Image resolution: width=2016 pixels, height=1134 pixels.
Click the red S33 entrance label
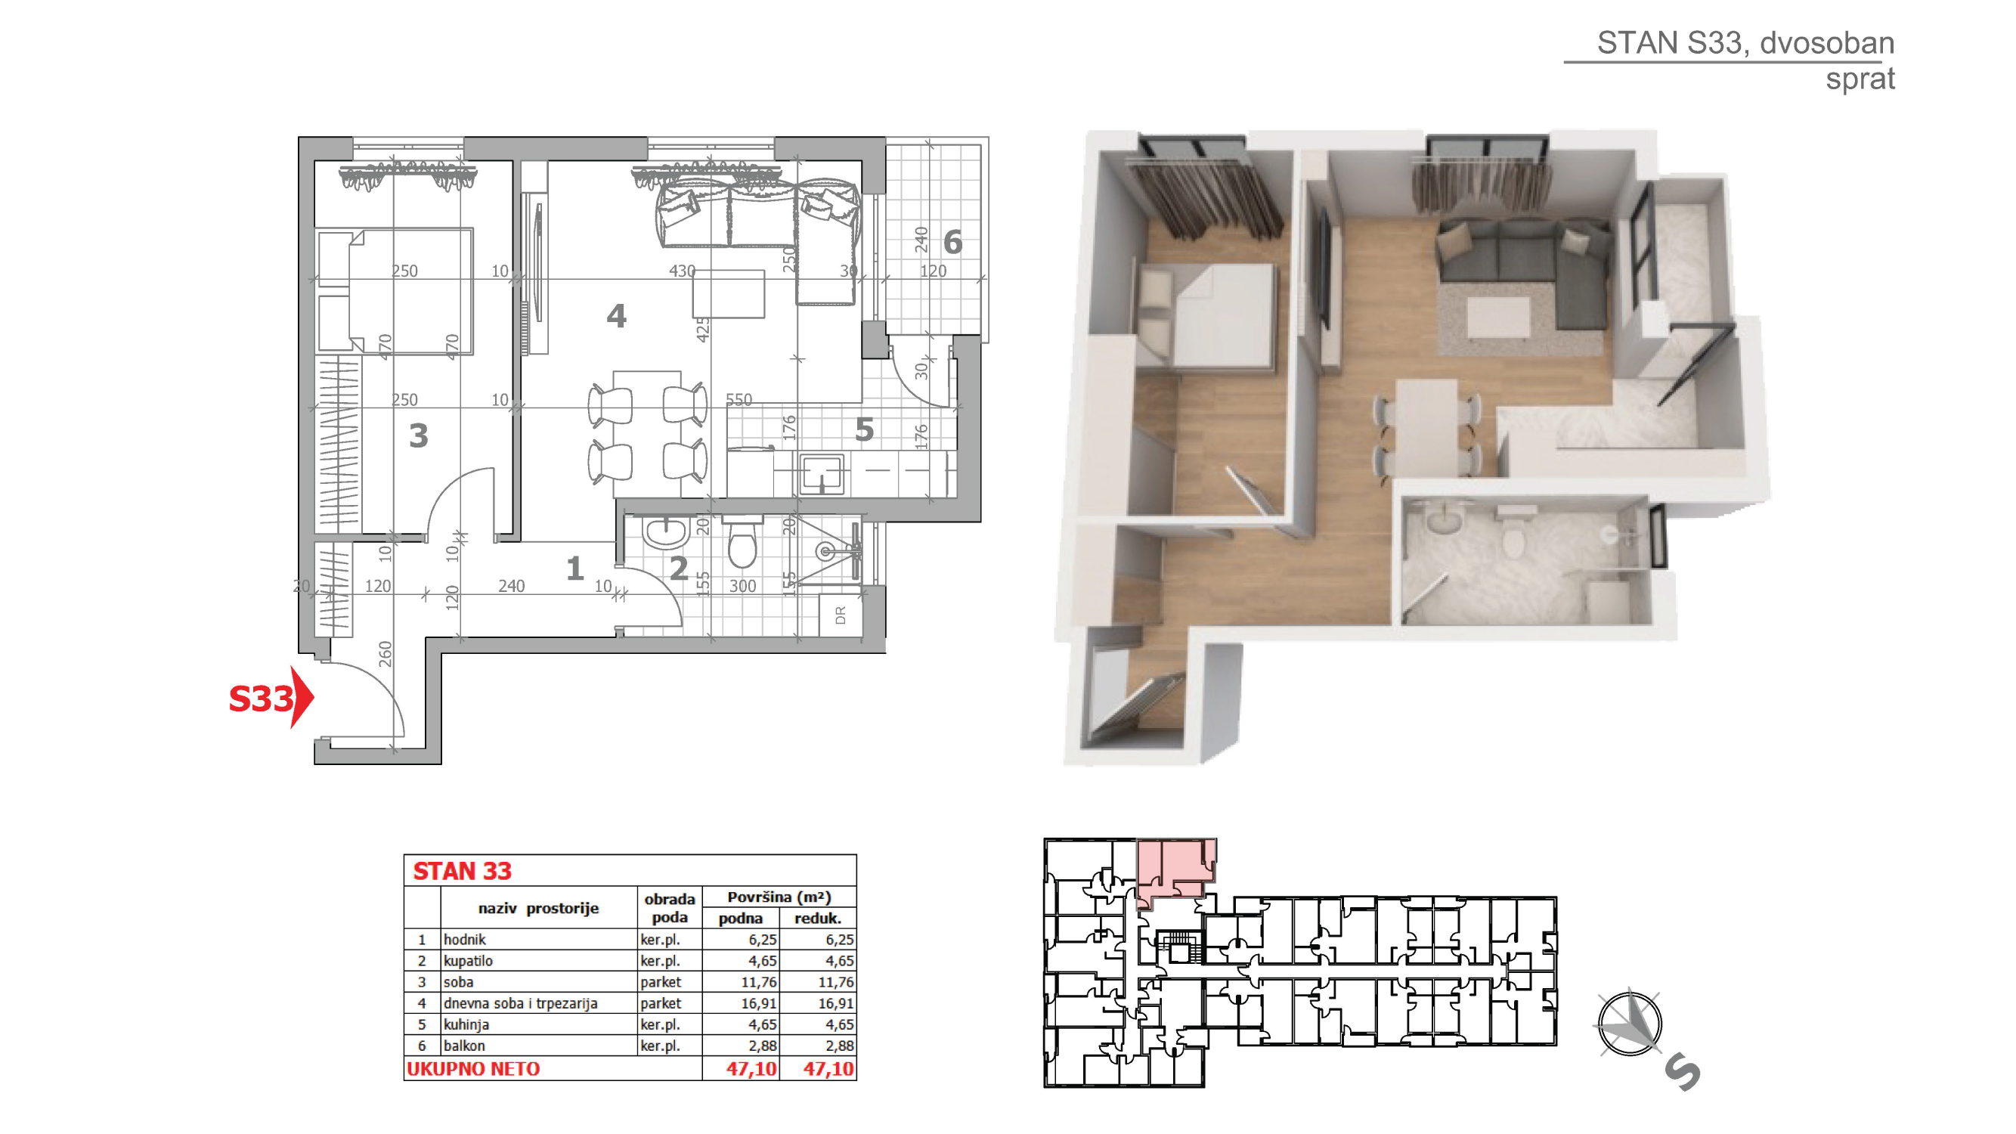(x=262, y=699)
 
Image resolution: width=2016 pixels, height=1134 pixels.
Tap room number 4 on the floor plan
(x=617, y=316)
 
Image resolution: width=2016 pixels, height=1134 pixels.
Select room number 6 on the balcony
(x=952, y=243)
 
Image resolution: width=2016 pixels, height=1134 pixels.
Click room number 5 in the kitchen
(x=864, y=429)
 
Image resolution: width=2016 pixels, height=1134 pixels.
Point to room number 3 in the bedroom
(x=419, y=436)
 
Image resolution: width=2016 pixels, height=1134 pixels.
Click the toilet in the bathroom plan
(x=741, y=541)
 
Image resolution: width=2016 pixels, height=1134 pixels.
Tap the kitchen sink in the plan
(x=822, y=473)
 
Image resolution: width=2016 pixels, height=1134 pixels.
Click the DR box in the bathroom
(x=841, y=615)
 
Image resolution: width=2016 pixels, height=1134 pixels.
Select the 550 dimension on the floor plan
(x=739, y=400)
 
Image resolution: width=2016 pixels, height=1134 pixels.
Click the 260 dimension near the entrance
(x=385, y=653)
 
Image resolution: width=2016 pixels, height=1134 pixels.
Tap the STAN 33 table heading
(x=463, y=871)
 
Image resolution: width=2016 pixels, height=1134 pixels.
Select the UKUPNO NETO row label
(x=473, y=1069)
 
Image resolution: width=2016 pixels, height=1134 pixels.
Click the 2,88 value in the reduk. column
(x=839, y=1046)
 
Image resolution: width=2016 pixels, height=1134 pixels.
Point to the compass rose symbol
(x=1630, y=1024)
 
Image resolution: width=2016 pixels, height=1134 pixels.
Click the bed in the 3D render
(x=1205, y=314)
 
